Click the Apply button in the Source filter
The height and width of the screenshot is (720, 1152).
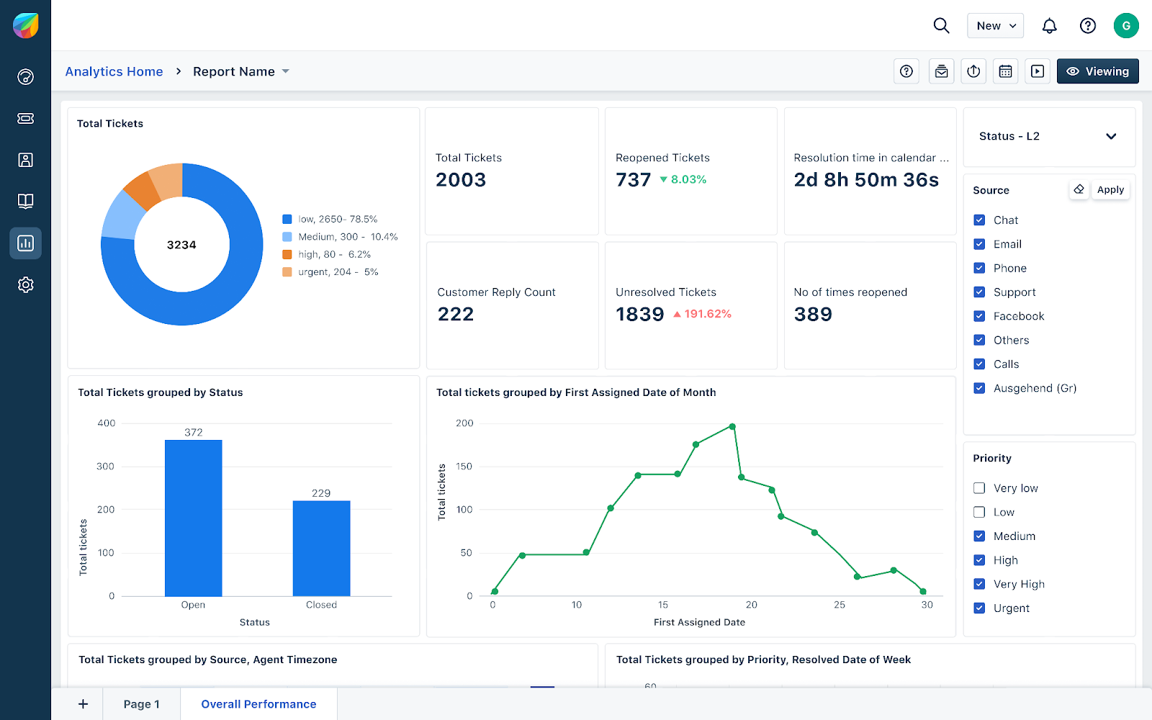click(x=1110, y=190)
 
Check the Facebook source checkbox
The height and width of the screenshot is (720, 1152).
click(x=979, y=316)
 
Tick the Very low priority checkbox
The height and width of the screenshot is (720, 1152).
click(x=979, y=488)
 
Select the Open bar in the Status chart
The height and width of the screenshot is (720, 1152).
click(x=193, y=518)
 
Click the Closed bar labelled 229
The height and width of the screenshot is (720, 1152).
click(x=321, y=548)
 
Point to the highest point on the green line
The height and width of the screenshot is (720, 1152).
click(x=732, y=427)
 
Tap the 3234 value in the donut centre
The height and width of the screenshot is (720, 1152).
click(x=181, y=245)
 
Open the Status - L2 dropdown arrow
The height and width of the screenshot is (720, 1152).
click(x=1111, y=136)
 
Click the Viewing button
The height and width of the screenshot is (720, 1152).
click(x=1097, y=71)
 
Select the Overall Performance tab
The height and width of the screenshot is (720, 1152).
click(x=258, y=704)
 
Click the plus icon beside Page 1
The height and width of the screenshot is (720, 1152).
click(x=84, y=704)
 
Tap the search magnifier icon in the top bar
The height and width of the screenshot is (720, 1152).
click(x=941, y=26)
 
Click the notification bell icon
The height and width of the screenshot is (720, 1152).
click(x=1050, y=26)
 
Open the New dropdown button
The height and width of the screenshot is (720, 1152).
click(x=995, y=26)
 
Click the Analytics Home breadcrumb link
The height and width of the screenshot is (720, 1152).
click(x=114, y=71)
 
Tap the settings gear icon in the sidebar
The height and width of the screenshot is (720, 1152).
click(x=26, y=285)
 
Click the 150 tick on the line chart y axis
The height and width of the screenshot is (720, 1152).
click(x=464, y=467)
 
